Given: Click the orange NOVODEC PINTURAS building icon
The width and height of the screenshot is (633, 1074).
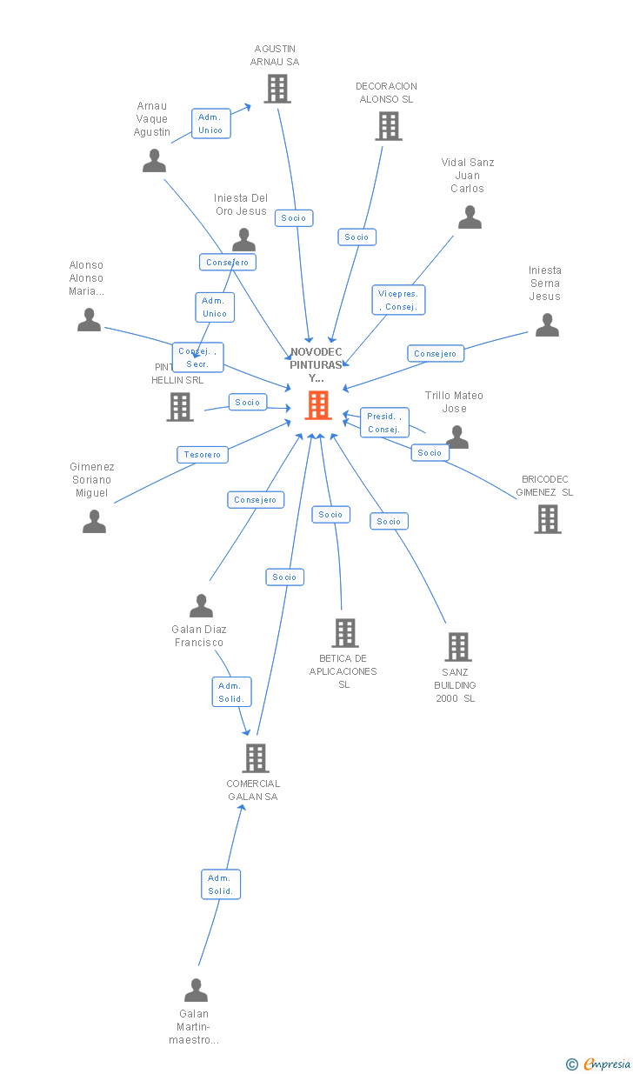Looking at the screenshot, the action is point(318,405).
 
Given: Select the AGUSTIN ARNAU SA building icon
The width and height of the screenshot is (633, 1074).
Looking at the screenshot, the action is point(277,89).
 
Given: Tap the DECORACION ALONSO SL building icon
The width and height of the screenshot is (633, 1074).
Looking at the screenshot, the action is point(388,126).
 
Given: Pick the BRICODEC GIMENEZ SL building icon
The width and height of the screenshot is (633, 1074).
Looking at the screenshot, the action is point(547,518).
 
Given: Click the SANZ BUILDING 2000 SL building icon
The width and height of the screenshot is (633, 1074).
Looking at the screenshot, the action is point(458,647).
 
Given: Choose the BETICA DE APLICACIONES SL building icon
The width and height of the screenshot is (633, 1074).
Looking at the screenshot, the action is point(344,633).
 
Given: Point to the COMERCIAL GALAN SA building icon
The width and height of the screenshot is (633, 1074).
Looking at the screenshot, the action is point(255,758).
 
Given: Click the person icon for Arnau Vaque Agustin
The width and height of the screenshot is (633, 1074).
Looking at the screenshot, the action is point(154,161).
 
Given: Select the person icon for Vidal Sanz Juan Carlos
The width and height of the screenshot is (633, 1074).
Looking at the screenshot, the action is point(470,217).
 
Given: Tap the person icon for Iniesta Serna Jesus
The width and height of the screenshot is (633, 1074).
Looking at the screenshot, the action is point(547,325).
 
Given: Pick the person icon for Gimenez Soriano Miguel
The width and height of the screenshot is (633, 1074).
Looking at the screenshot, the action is point(94,522).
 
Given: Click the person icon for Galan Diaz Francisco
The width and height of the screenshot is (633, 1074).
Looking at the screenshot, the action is point(201,606).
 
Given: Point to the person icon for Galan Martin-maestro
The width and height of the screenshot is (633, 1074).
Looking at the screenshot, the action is point(196,991).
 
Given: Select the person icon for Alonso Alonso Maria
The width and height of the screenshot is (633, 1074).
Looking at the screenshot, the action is point(89,320).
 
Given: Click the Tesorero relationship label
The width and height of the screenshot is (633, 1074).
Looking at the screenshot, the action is point(203,454).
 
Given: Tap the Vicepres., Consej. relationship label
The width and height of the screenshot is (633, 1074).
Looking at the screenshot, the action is point(399,300).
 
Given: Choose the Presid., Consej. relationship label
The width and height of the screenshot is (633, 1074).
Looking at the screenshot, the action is point(383,423).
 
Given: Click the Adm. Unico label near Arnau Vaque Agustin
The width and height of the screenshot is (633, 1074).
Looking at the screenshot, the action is point(210,123).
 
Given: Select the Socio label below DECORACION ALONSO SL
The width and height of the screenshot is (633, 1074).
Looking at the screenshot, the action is point(356,237).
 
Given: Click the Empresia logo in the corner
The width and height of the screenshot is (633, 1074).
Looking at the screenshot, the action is point(605,1064).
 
